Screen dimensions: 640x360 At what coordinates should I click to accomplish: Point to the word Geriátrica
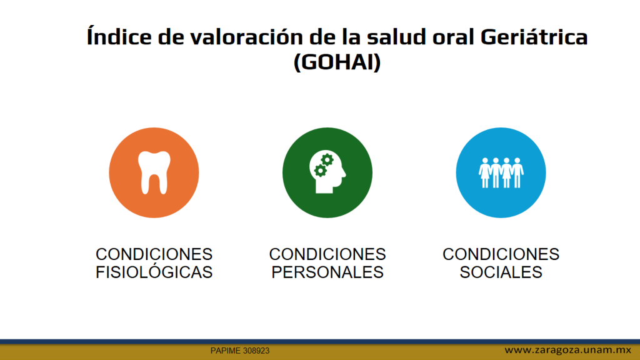(x=534, y=36)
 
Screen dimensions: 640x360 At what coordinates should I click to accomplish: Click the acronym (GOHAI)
(x=337, y=62)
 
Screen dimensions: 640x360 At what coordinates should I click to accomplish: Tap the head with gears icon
(x=327, y=172)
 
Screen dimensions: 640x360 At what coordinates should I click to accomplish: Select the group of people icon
(x=501, y=172)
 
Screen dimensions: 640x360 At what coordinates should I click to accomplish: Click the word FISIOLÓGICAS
(x=154, y=272)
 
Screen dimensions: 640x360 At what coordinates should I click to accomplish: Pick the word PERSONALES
(x=327, y=272)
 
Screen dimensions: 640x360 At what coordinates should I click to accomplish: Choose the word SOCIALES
(x=501, y=272)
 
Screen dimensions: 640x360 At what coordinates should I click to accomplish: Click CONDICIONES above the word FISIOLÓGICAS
(x=154, y=254)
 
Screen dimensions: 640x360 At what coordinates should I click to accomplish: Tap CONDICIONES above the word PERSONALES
(x=327, y=254)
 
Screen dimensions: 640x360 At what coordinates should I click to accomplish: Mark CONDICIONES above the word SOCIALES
(x=501, y=254)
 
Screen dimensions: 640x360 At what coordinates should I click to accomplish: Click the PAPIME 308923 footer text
(x=240, y=351)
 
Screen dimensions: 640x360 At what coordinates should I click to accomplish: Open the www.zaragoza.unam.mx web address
(x=567, y=350)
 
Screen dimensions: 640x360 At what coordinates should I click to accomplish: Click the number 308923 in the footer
(x=256, y=351)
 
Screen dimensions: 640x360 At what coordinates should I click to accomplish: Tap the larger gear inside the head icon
(x=327, y=160)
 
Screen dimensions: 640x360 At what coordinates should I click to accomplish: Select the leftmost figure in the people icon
(x=485, y=172)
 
